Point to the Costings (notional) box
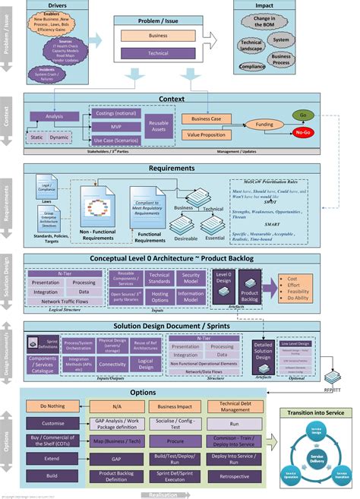pyautogui.click(x=115, y=113)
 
